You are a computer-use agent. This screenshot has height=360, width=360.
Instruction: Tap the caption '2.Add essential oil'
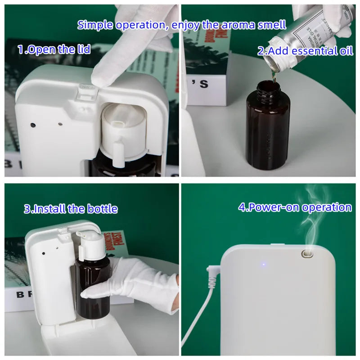[305, 50]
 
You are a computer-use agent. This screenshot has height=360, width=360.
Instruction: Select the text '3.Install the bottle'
[71, 209]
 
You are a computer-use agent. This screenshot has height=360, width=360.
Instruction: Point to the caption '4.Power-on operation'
[295, 207]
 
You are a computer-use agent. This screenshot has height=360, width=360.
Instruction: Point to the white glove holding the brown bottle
[135, 283]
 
